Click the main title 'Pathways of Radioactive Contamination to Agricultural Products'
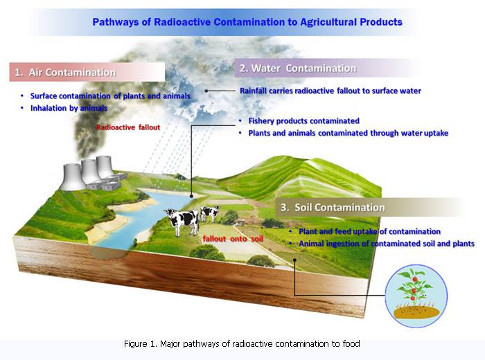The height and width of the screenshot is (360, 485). [247, 22]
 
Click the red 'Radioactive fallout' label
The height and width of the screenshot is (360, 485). [128, 128]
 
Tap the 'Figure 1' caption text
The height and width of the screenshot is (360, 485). [242, 343]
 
